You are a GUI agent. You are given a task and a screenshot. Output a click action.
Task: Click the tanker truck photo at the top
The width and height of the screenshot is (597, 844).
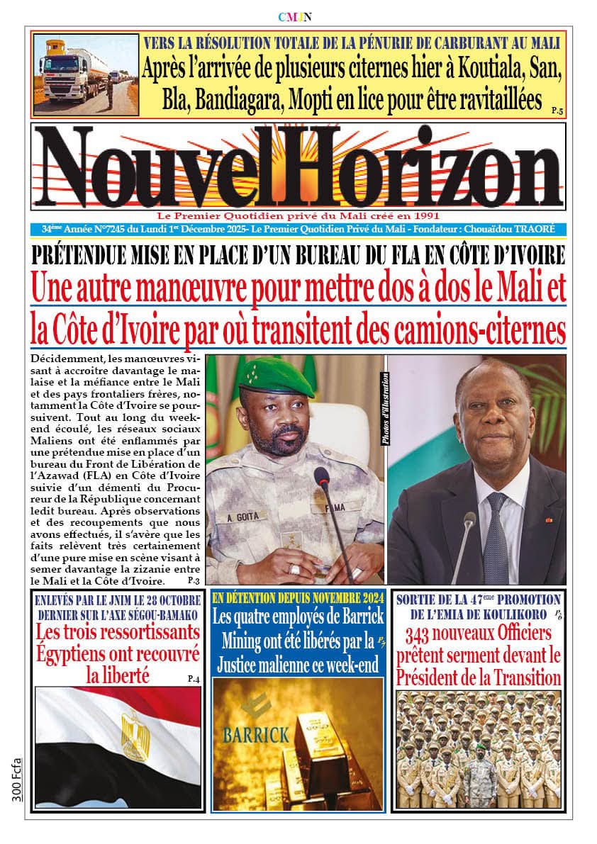click(x=85, y=74)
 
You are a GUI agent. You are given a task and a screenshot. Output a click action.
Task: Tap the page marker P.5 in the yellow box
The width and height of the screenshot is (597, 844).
click(x=557, y=111)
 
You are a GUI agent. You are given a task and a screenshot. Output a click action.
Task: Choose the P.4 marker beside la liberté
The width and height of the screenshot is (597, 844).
click(x=194, y=679)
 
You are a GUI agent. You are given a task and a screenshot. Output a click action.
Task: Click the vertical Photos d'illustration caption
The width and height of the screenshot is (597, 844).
click(x=386, y=409)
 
